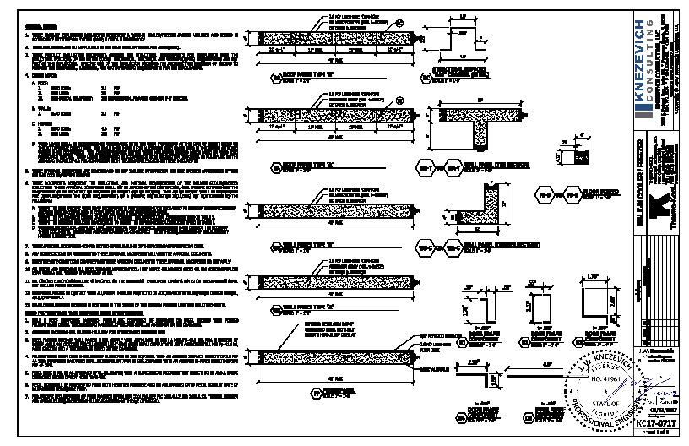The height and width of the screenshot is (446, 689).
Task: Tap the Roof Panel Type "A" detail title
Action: point(300,163)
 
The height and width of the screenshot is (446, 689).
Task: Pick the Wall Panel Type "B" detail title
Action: point(300,246)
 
